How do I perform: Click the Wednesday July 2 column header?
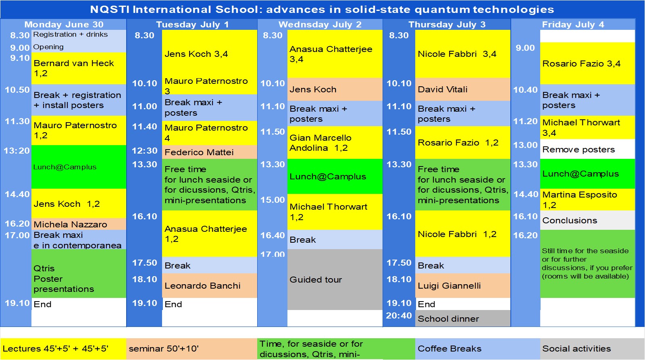click(320, 25)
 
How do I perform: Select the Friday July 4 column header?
click(572, 25)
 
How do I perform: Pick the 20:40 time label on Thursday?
click(399, 316)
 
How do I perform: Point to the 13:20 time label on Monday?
click(17, 151)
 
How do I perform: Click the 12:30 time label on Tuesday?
click(144, 151)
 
